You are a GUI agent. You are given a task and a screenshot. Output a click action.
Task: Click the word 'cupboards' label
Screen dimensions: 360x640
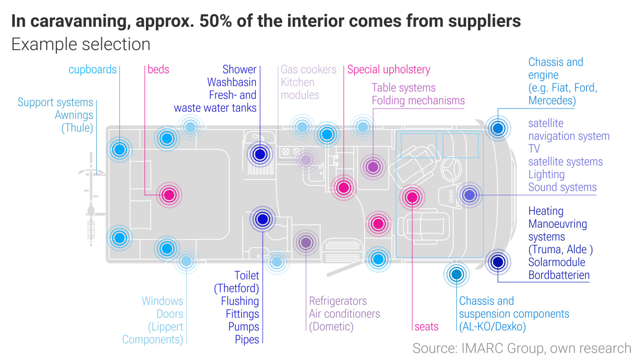(92, 69)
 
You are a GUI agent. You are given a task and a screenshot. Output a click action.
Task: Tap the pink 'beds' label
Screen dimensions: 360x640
(158, 69)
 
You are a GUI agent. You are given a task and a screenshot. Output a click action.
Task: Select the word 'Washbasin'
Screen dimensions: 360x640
(232, 82)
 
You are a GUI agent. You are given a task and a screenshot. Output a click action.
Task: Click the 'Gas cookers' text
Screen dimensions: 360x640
(308, 69)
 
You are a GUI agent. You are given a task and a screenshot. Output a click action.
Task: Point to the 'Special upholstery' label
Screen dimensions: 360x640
(388, 69)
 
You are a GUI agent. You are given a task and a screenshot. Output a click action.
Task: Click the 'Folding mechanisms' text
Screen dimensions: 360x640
(418, 100)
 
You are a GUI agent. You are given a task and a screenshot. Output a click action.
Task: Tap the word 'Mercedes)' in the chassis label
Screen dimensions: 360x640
(552, 100)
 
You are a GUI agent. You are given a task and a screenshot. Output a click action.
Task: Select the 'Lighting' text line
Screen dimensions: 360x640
(546, 174)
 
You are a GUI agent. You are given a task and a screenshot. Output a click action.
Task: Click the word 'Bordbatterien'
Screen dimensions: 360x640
(559, 275)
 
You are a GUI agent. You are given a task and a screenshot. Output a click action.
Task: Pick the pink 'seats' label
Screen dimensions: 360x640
(426, 327)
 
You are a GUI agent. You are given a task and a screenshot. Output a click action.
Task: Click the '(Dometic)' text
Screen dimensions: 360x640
(331, 327)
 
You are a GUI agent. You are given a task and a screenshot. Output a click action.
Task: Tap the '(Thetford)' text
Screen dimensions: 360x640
(236, 288)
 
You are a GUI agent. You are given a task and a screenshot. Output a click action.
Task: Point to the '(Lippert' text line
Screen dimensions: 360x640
(165, 327)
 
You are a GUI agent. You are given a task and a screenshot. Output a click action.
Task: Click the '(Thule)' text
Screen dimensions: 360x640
(77, 128)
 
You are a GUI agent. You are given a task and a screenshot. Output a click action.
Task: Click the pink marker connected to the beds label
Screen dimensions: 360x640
(169, 195)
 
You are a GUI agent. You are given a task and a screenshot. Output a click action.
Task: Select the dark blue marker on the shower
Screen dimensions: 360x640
(260, 154)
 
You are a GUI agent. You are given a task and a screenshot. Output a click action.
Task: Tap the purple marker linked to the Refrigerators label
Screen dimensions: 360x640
(306, 242)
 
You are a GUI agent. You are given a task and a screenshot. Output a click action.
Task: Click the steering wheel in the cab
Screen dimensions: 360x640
(451, 168)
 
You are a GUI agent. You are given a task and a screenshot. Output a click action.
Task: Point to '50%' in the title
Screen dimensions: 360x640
(215, 21)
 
